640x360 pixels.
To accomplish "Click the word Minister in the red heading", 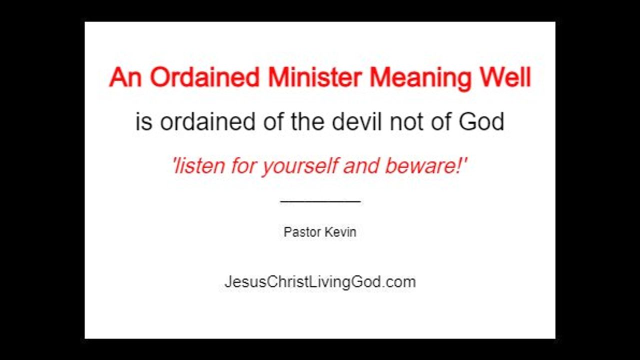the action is click(x=315, y=77).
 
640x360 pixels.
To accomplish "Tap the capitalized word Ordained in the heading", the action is click(x=204, y=77).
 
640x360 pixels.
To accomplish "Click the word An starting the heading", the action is click(x=125, y=77).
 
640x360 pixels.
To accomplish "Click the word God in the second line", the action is click(x=481, y=121).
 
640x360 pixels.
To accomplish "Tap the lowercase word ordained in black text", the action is click(x=207, y=121).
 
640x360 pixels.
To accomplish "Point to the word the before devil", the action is click(x=307, y=121).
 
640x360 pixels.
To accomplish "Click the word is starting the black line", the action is click(x=143, y=121).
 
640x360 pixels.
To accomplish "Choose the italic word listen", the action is click(x=199, y=165).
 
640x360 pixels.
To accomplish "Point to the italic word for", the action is click(x=243, y=165).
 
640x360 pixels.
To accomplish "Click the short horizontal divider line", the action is click(x=320, y=201).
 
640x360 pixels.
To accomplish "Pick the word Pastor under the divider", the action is click(x=302, y=232).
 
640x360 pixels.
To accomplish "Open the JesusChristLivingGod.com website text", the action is click(x=320, y=282).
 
